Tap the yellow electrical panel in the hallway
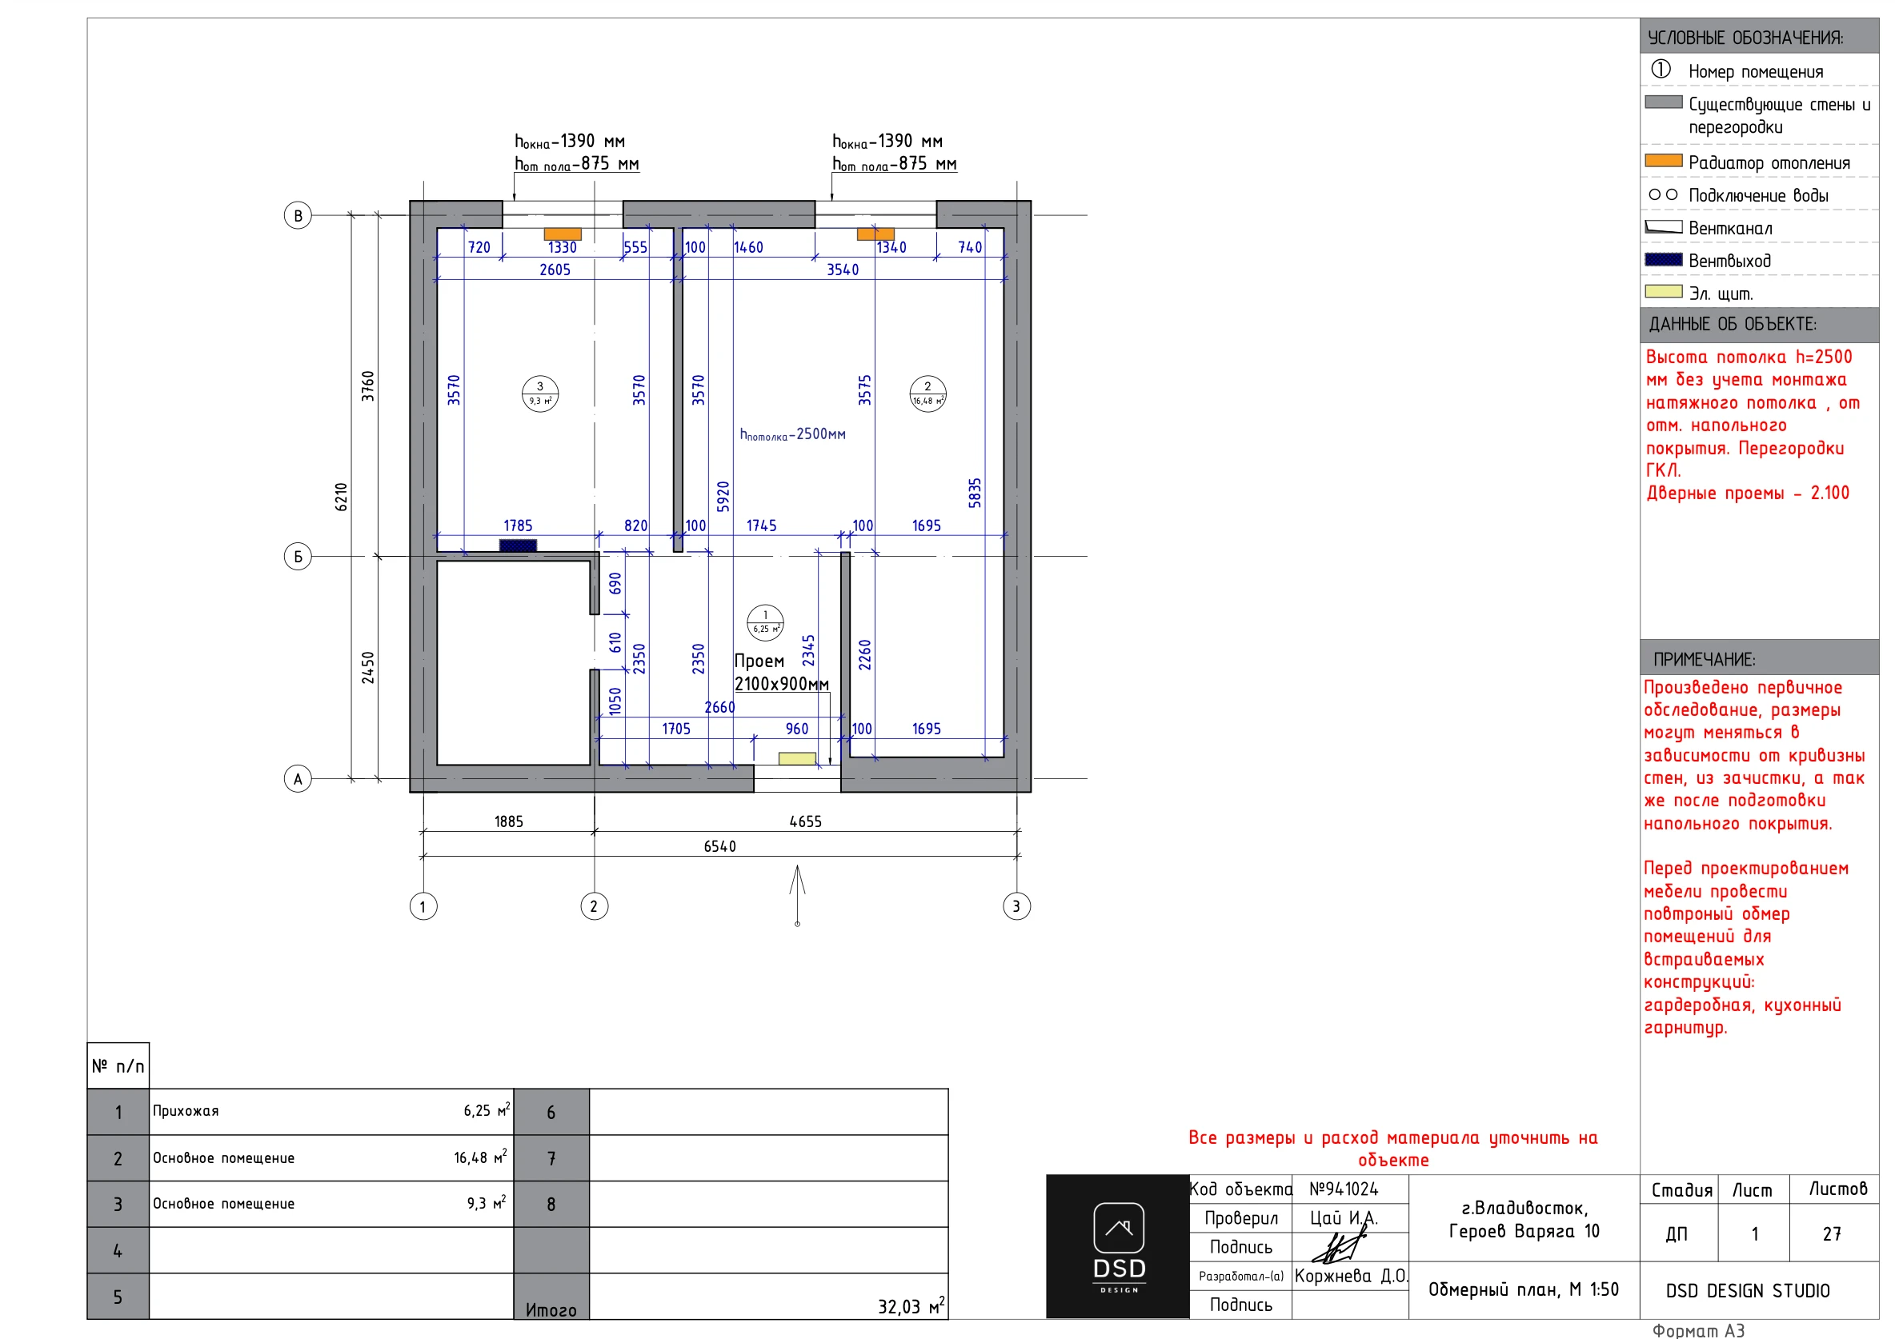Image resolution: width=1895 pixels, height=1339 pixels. point(796,758)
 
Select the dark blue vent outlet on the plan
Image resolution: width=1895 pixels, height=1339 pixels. point(518,546)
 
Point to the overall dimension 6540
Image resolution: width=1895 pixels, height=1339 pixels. point(719,846)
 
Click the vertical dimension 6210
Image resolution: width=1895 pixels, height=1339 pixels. point(342,497)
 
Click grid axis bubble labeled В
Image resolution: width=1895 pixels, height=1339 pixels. point(298,215)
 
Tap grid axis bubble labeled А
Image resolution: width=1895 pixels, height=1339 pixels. point(298,779)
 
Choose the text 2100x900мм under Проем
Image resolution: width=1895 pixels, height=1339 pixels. point(781,684)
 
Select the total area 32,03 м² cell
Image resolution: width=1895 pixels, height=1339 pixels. point(911,1307)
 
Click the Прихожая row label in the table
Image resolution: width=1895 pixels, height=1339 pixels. point(186,1111)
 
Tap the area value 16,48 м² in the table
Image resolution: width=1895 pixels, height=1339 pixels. point(480,1157)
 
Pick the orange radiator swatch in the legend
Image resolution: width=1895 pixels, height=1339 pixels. point(1663,160)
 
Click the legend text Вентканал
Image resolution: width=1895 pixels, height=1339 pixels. point(1730,229)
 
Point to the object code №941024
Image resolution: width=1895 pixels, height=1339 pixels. point(1344,1189)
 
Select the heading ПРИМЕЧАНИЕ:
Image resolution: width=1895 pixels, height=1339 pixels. point(1705,659)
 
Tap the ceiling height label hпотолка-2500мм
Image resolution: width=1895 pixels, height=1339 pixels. point(792,434)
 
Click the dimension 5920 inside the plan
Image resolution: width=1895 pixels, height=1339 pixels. point(723,497)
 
